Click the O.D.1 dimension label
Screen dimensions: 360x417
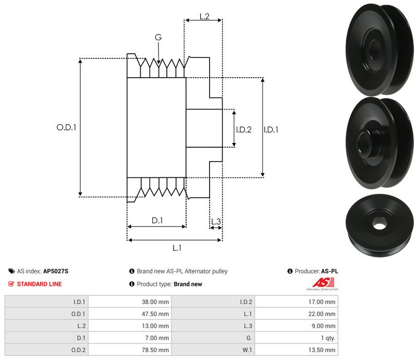pos(66,126)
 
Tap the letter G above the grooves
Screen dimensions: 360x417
pos(158,37)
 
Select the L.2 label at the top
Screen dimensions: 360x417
pos(204,16)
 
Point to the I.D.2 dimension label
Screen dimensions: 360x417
pos(243,129)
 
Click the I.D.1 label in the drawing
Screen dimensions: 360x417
pos(271,129)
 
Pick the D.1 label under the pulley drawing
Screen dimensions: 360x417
pos(157,221)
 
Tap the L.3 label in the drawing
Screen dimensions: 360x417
pos(216,222)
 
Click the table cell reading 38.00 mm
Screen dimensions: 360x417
pos(156,302)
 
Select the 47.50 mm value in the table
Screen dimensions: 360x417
pos(156,314)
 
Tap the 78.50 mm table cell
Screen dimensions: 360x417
pos(156,350)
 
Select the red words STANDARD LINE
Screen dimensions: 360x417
pos(39,284)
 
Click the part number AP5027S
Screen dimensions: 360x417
pos(56,271)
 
